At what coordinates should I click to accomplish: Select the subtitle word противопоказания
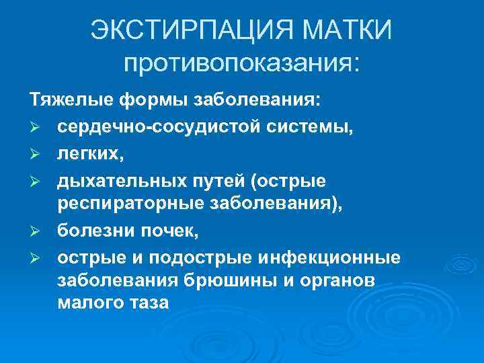pyautogui.click(x=241, y=65)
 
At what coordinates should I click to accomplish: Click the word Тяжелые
pyautogui.click(x=71, y=101)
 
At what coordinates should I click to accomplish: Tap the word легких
pyautogui.click(x=87, y=155)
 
